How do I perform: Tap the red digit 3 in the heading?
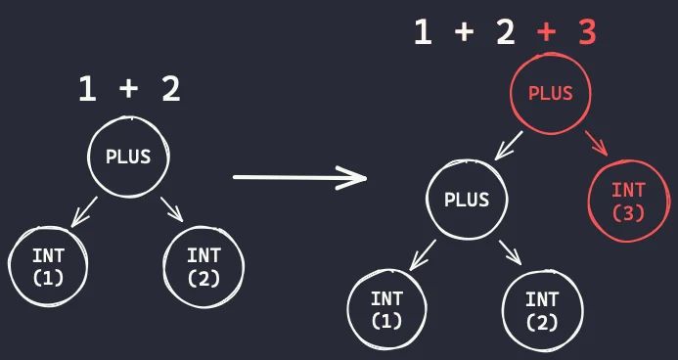coord(586,32)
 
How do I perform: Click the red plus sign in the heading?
coord(546,33)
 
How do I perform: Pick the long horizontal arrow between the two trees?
coord(298,177)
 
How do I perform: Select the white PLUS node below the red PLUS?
coord(466,199)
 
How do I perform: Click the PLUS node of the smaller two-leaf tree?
coord(128,156)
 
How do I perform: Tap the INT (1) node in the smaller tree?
coord(48,265)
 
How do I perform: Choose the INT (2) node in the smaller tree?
coord(203,265)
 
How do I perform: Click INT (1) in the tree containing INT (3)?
coord(386,310)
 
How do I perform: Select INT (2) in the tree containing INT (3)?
coord(541,310)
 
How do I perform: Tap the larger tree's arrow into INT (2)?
coord(509,253)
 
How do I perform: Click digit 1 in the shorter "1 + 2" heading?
coord(88,90)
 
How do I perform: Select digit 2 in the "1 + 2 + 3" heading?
coord(504,32)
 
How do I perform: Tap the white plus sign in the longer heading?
coord(464,33)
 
